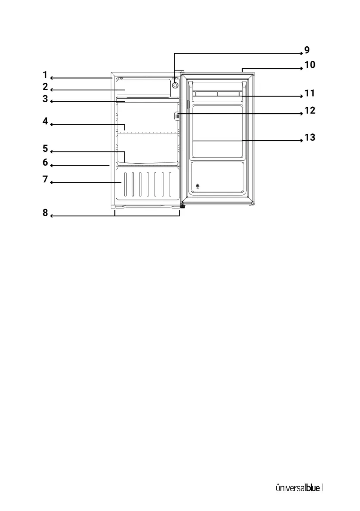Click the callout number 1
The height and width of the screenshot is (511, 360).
45,74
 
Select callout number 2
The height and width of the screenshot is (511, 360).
45,86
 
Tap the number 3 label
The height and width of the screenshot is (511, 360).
45,98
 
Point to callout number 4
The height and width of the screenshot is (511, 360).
45,121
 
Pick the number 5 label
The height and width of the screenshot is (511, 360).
45,148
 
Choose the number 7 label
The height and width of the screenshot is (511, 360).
45,179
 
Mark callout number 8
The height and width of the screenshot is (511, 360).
45,213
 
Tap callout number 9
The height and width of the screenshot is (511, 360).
306,50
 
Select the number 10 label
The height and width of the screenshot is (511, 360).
309,65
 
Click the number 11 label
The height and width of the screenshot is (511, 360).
309,93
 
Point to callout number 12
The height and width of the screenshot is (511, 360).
309,110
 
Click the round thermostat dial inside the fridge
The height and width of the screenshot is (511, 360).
175,85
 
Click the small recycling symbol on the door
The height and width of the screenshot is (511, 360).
197,186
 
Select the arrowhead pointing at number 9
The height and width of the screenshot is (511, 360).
301,53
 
